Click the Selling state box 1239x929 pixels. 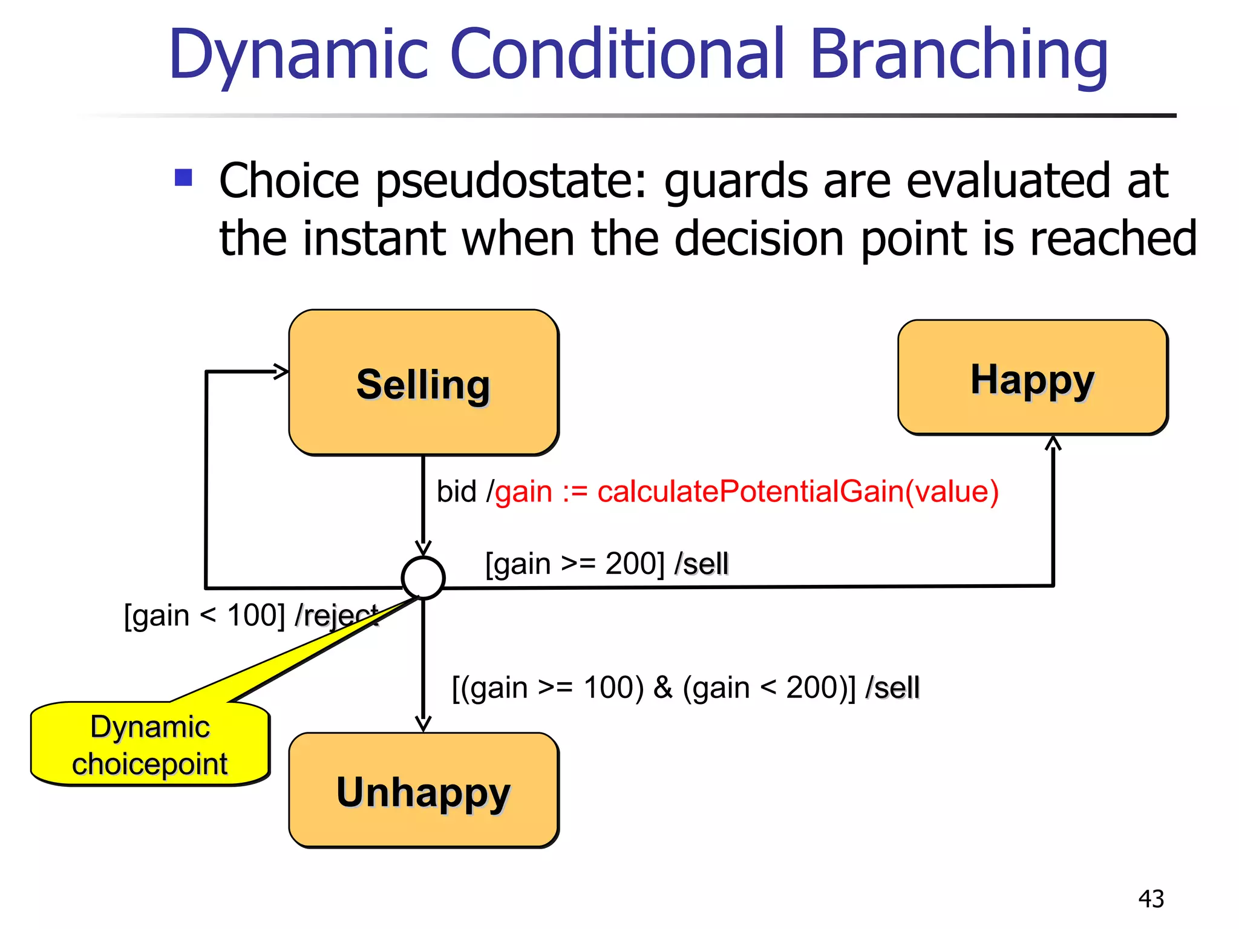(x=423, y=382)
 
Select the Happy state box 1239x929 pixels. (x=1033, y=377)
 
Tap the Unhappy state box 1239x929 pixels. (x=423, y=790)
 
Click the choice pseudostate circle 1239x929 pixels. (x=423, y=578)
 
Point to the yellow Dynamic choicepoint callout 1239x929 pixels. (x=150, y=744)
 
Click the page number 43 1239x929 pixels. (x=1151, y=899)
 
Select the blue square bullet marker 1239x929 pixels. (x=183, y=178)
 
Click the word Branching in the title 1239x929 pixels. (x=958, y=56)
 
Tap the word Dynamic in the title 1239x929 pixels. (x=298, y=56)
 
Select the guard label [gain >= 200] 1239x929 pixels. (x=575, y=564)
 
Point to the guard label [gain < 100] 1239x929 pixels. (x=204, y=616)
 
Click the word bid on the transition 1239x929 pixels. (x=457, y=491)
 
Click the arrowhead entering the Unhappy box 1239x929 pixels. (x=423, y=724)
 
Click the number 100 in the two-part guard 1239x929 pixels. (x=613, y=688)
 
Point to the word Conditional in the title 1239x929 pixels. (x=617, y=56)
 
